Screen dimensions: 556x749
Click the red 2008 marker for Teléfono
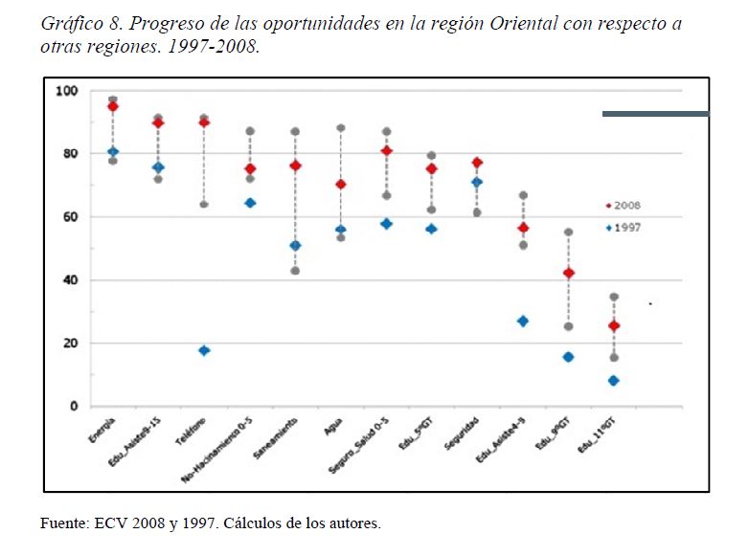pos(204,122)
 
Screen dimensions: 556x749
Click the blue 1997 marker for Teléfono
pos(204,350)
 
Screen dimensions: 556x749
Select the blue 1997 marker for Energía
pos(113,151)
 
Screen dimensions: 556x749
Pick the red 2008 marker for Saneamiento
pos(295,166)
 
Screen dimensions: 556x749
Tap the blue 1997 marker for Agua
pos(340,230)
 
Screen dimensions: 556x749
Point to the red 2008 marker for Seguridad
pos(477,163)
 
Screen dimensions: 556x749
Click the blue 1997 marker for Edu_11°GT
pos(614,381)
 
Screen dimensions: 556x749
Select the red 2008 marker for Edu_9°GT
pos(568,273)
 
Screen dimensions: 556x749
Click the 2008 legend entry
pos(623,206)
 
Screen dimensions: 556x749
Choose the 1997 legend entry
pos(623,227)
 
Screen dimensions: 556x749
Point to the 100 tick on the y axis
pos(66,91)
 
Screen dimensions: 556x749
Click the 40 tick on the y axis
pos(70,280)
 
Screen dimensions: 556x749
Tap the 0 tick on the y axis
pos(74,407)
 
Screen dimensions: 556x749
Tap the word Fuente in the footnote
pos(64,523)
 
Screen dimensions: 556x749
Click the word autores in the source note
pos(352,523)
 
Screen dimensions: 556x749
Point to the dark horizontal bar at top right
pos(655,114)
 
